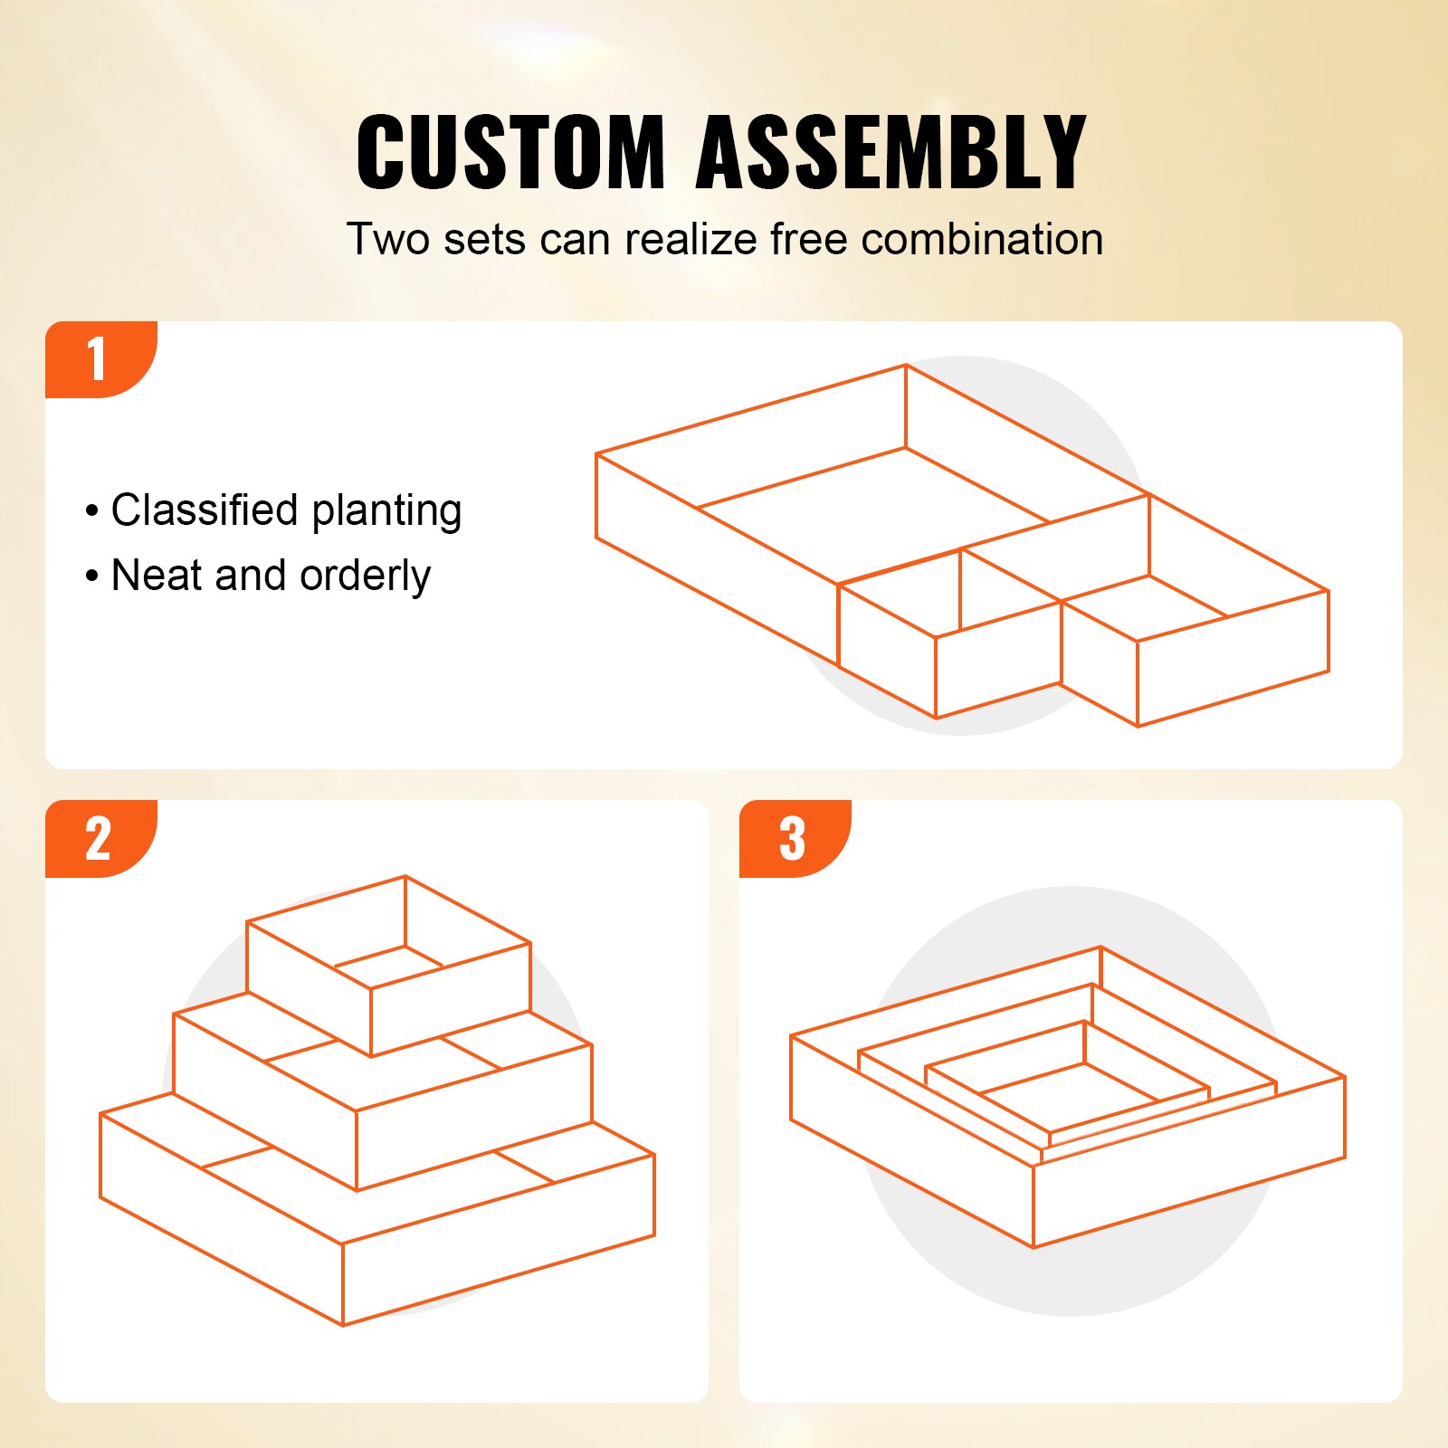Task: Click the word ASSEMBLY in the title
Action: [891, 152]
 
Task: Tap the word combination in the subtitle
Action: [982, 240]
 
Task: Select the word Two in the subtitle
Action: [387, 240]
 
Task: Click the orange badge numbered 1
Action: [98, 359]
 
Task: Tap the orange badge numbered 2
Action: [98, 839]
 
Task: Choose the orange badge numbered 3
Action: [793, 839]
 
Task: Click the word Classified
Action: [205, 510]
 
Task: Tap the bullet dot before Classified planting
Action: [91, 511]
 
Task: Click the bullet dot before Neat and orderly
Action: [91, 576]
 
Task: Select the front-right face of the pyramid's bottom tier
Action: [498, 1240]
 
